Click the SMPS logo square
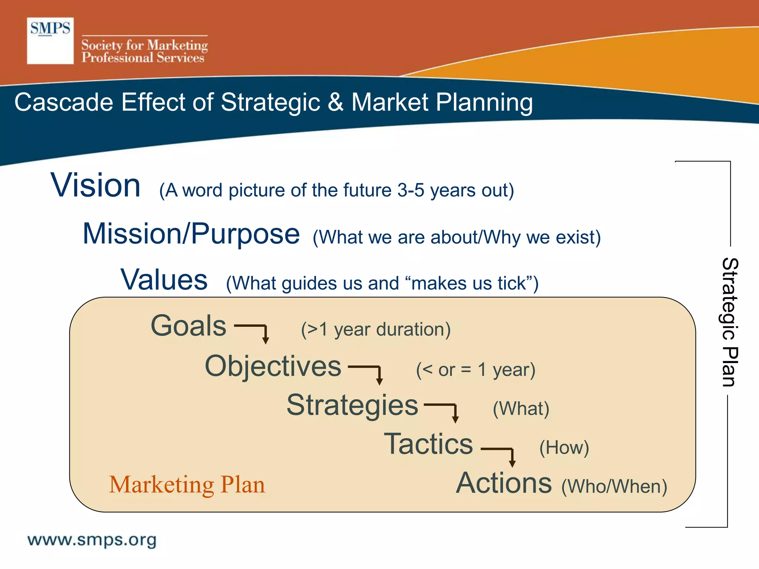pos(50,41)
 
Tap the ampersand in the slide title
pos(335,102)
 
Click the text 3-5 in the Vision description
pos(411,190)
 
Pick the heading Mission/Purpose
pos(191,234)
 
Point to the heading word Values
pos(164,280)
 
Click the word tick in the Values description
pos(512,283)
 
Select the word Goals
pos(188,326)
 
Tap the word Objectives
pos(273,366)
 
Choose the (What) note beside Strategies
pos(521,409)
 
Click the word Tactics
pos(428,444)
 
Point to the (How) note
pos(564,448)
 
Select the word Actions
pos(504,483)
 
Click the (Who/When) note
pos(614,486)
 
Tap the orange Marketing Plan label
pos(187,485)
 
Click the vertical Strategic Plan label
pos(730,322)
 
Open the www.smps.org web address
pos(92,540)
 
